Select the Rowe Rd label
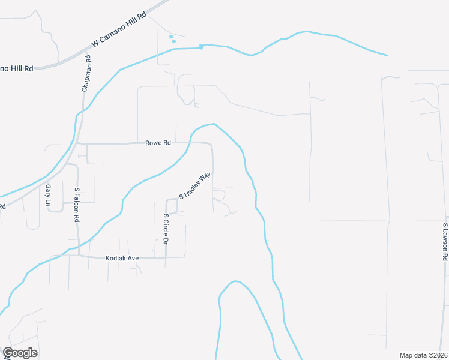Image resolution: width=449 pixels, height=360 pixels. click(x=158, y=143)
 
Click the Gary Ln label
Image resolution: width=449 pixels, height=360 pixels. click(x=48, y=196)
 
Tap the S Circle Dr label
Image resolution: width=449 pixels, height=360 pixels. click(x=166, y=230)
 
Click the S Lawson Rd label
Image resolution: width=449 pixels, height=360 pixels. click(x=445, y=242)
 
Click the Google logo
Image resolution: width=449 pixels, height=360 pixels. click(x=20, y=353)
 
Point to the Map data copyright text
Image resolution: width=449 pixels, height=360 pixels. click(x=424, y=355)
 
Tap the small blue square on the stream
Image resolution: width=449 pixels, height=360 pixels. click(x=202, y=47)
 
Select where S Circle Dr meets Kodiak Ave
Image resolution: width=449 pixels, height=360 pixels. click(x=166, y=257)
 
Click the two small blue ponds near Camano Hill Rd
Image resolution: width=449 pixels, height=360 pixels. click(x=172, y=39)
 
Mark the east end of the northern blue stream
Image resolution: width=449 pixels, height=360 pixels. click(x=387, y=56)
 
